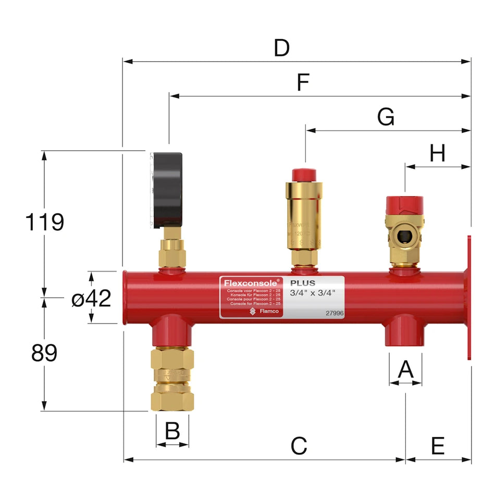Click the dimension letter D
click(x=281, y=48)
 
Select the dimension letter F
click(x=303, y=83)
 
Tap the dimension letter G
click(x=386, y=117)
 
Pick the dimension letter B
click(x=172, y=431)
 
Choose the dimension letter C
click(x=299, y=446)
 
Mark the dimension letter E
click(x=438, y=446)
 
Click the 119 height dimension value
click(x=44, y=222)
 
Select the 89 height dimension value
click(x=44, y=354)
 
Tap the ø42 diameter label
click(x=91, y=299)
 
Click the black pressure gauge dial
click(x=166, y=190)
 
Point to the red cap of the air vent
click(x=304, y=175)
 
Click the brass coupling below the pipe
click(x=172, y=377)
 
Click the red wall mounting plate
click(x=469, y=297)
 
